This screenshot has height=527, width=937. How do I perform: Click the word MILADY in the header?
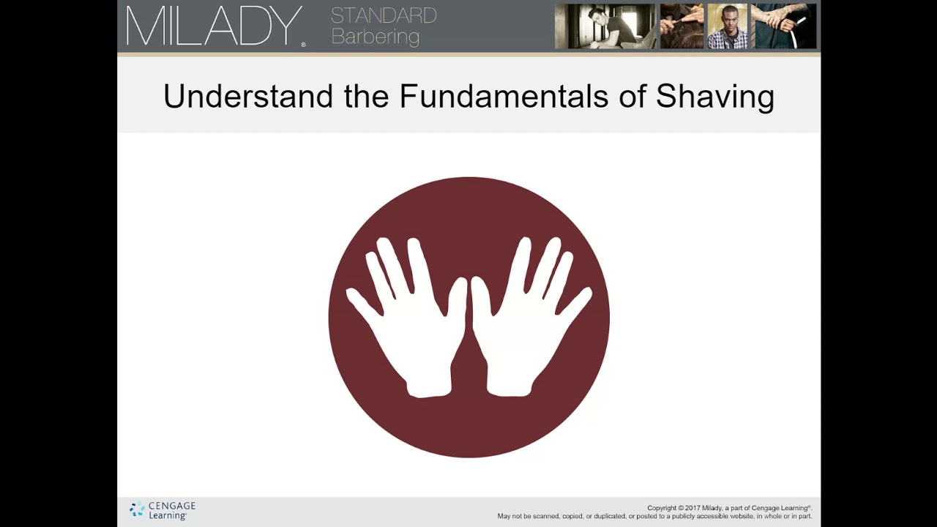tap(214, 27)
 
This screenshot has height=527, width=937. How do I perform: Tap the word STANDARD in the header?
tap(384, 15)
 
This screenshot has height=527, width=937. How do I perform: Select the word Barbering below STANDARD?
tap(376, 37)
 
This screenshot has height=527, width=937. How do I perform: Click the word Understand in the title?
tap(248, 97)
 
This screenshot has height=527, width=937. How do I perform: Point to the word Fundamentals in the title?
tap(503, 97)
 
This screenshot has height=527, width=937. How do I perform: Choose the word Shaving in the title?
tap(714, 97)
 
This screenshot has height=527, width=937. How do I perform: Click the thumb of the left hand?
tap(458, 300)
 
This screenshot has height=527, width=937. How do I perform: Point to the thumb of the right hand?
tap(481, 300)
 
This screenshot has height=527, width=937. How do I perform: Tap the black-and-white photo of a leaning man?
tap(605, 26)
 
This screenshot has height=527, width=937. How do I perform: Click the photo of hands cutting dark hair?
tap(682, 26)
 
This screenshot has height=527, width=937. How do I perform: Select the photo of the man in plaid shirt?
tap(727, 26)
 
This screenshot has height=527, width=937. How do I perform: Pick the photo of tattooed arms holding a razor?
tap(783, 26)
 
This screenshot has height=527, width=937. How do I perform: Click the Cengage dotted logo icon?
tap(137, 509)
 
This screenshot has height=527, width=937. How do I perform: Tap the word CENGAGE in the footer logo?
tap(172, 506)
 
